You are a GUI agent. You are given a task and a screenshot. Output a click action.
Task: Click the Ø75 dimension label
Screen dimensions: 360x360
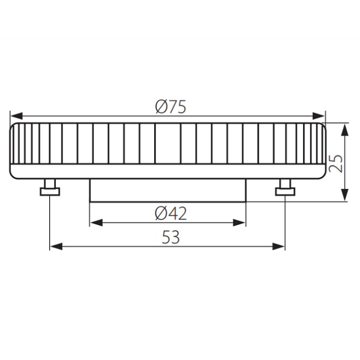(170, 106)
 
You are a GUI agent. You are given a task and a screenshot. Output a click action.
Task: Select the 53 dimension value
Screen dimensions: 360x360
(171, 237)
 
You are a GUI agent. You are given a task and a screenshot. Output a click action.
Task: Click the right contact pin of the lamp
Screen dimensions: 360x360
(285, 189)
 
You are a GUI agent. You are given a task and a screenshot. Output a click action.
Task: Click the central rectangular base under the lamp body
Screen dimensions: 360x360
(167, 191)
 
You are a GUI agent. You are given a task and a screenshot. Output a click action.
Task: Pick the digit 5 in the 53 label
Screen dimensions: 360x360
(166, 237)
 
